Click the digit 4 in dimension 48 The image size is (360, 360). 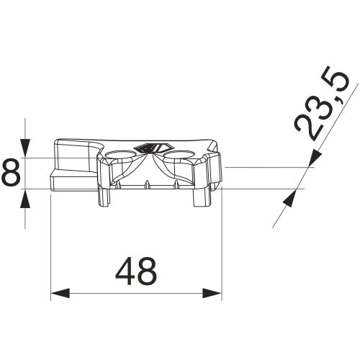(125, 271)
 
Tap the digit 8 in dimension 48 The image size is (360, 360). (147, 271)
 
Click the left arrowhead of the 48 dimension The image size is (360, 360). (60, 293)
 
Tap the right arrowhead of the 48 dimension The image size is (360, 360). (212, 293)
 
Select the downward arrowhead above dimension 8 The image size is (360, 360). (25, 148)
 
